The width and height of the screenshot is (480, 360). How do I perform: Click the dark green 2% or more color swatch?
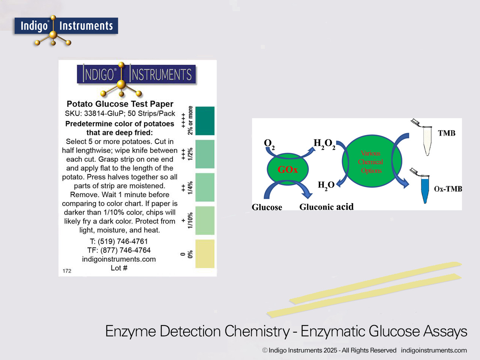[x=205, y=121]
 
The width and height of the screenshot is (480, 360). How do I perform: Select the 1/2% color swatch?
[x=205, y=154]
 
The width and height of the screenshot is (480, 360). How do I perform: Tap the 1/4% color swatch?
[x=205, y=187]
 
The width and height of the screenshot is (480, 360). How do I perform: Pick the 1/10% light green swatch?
[x=205, y=220]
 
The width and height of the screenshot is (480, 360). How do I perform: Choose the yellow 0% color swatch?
[x=205, y=254]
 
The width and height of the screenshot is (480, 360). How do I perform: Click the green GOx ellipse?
[x=288, y=169]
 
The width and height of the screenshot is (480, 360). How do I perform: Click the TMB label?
[x=447, y=133]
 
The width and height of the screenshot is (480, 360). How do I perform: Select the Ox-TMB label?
[x=448, y=189]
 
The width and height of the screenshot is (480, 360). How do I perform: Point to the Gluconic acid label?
[x=326, y=207]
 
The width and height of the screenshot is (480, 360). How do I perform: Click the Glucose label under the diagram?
[x=267, y=207]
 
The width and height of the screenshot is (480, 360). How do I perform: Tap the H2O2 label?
[x=324, y=144]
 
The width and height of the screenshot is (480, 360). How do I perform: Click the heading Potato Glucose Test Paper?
[x=120, y=104]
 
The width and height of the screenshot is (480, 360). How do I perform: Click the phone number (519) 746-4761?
[x=119, y=241]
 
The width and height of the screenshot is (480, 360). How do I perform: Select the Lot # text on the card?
[x=119, y=268]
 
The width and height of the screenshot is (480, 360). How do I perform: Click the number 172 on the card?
[x=67, y=271]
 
